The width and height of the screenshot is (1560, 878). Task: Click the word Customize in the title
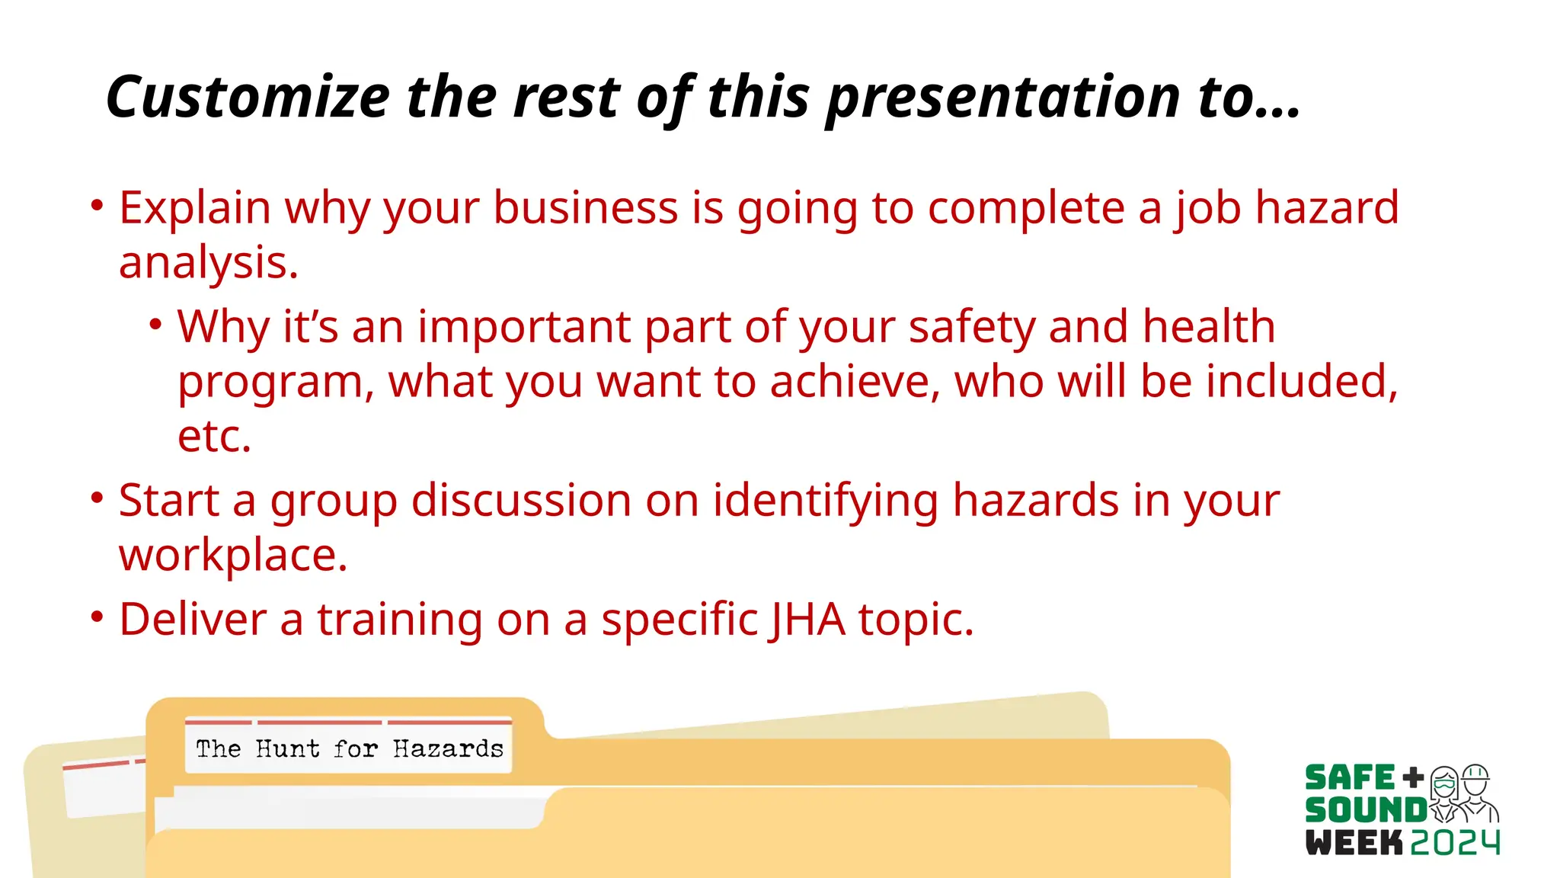click(248, 98)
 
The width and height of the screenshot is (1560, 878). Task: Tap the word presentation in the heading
click(1003, 98)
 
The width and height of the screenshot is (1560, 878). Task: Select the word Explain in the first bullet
click(195, 207)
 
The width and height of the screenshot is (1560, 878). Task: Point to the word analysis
click(208, 263)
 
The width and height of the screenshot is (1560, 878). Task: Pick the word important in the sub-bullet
click(524, 327)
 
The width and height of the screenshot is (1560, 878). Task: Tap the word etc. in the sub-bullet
click(214, 436)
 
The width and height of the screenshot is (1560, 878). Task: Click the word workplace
click(233, 555)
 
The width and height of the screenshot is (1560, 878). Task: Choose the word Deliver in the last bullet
click(193, 619)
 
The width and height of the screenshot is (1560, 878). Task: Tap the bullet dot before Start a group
click(97, 498)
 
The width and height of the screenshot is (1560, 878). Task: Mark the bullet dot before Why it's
click(155, 325)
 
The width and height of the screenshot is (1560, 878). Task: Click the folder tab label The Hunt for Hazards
click(349, 748)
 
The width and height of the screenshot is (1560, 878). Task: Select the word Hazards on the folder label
click(448, 748)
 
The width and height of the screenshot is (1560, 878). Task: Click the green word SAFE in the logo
click(1350, 778)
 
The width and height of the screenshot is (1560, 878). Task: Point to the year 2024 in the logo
click(1455, 843)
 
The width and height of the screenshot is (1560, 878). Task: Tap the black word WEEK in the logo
click(1354, 843)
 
